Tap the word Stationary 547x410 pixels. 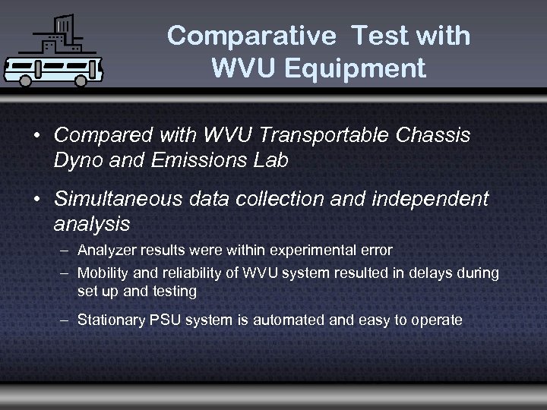pos(112,320)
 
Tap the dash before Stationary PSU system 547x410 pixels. pos(65,320)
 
